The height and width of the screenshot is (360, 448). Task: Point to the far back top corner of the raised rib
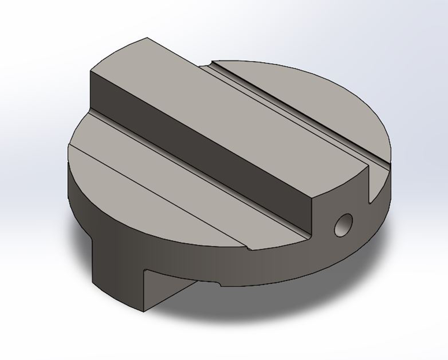pos(147,39)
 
